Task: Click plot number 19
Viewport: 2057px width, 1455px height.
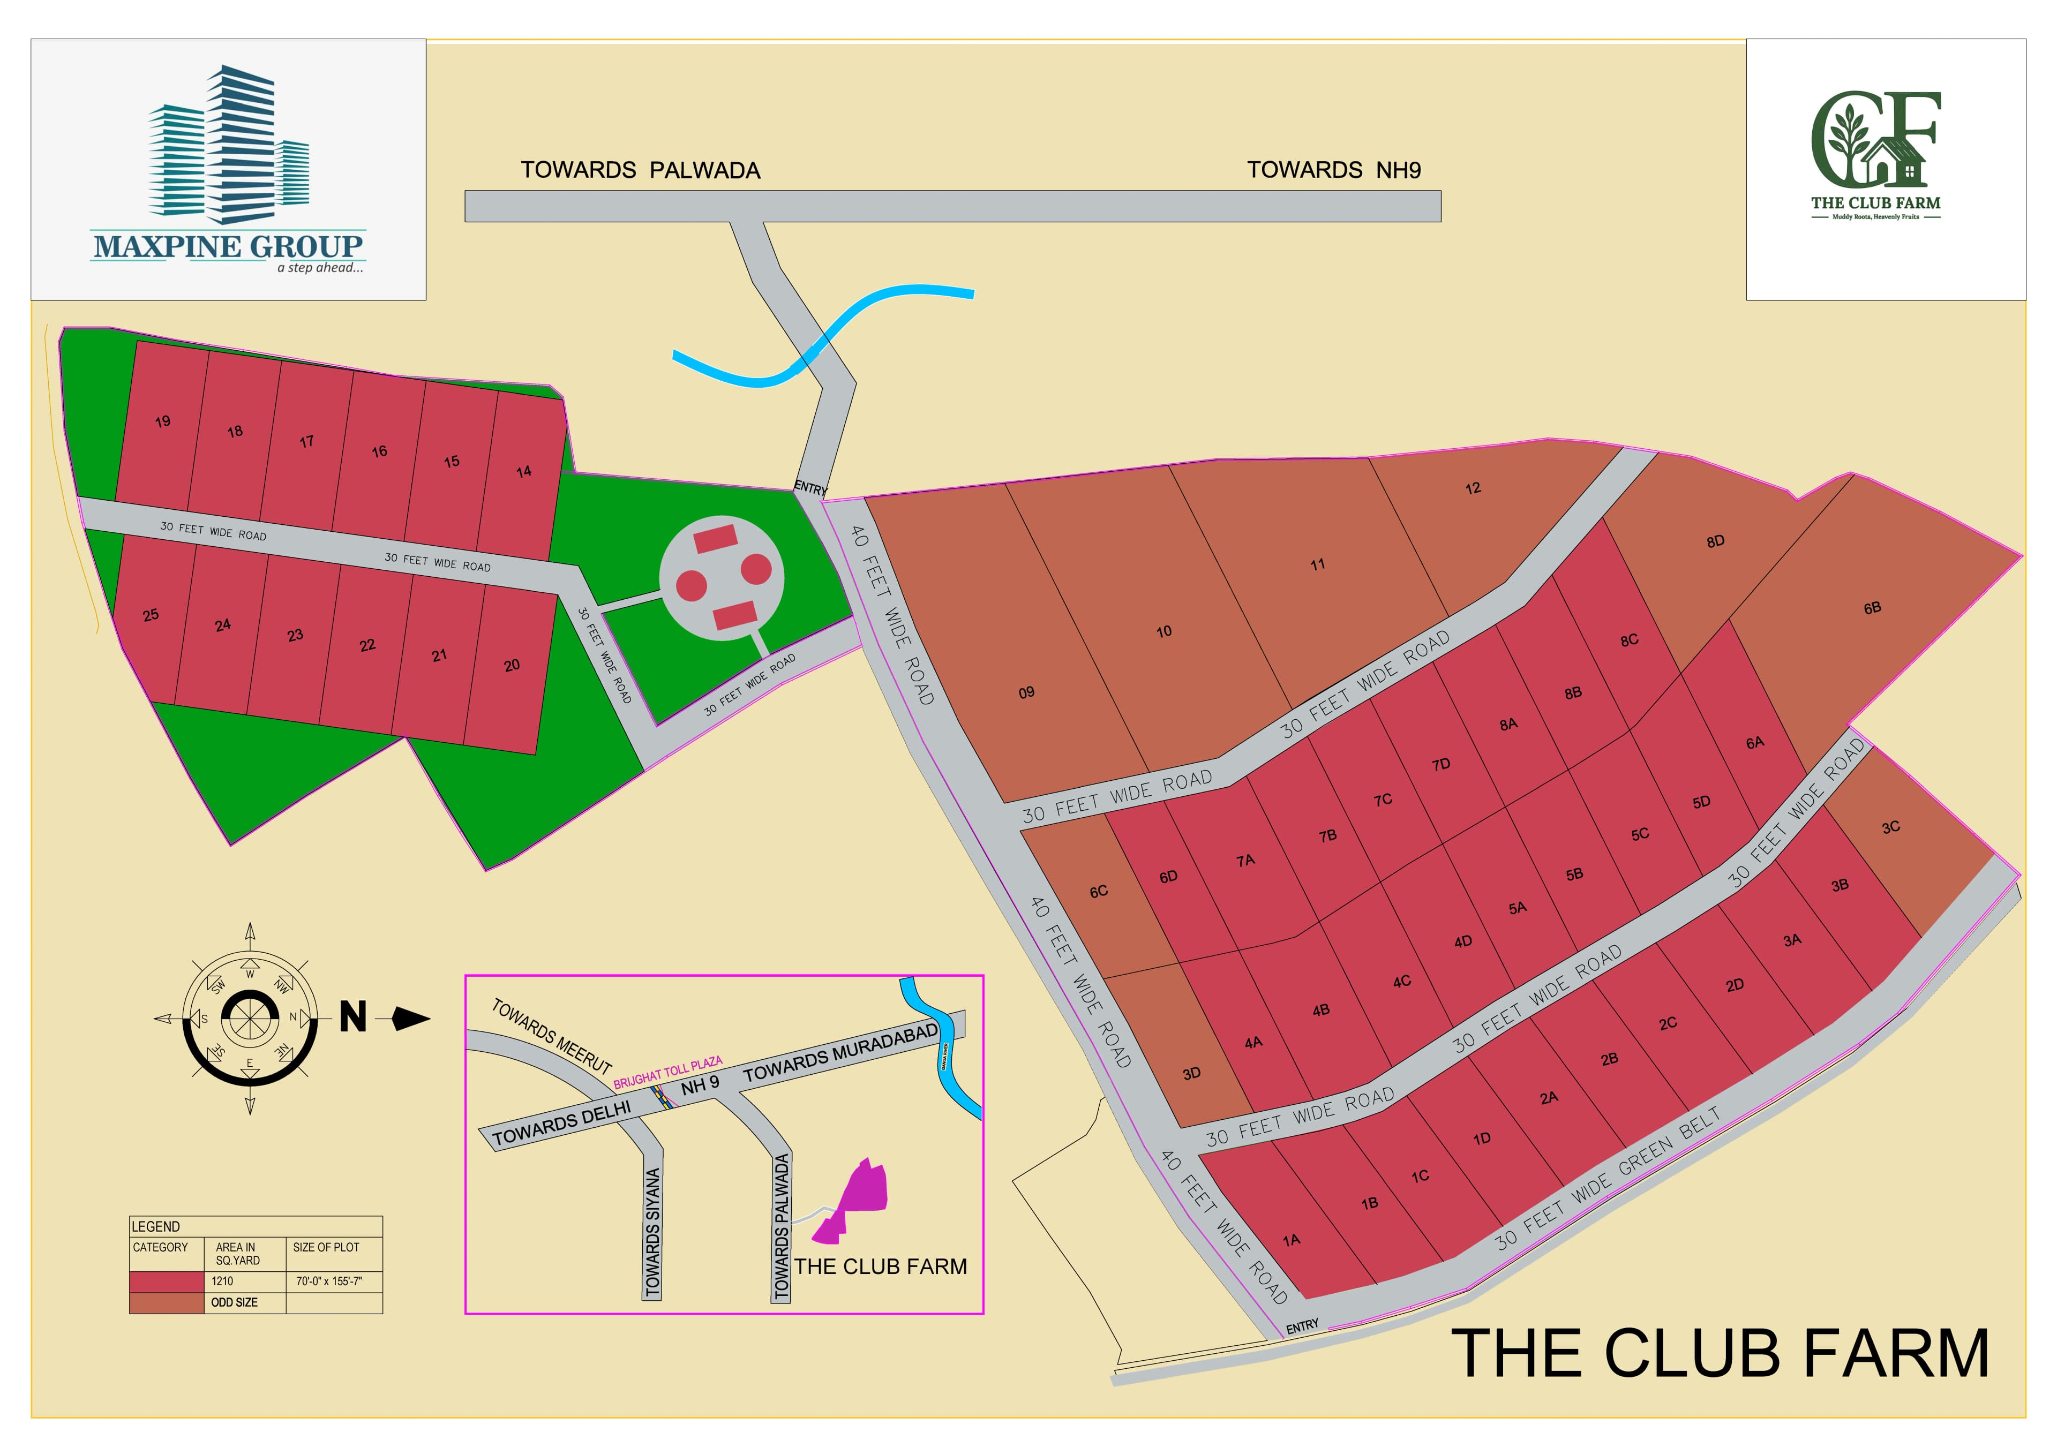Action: coord(162,421)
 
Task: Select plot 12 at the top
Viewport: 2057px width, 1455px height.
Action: coord(1473,488)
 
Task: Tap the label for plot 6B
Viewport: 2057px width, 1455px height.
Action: coord(1872,608)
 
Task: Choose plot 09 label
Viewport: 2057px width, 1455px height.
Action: coord(1026,692)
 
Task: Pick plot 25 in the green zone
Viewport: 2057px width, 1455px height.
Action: coord(151,615)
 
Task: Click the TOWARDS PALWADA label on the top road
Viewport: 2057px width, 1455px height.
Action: coord(640,170)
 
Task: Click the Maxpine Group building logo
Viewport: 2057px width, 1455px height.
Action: coord(229,144)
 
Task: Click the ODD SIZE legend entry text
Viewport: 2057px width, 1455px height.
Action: coord(234,1303)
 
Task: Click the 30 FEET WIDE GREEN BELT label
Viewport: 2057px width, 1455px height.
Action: coord(1608,1178)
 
